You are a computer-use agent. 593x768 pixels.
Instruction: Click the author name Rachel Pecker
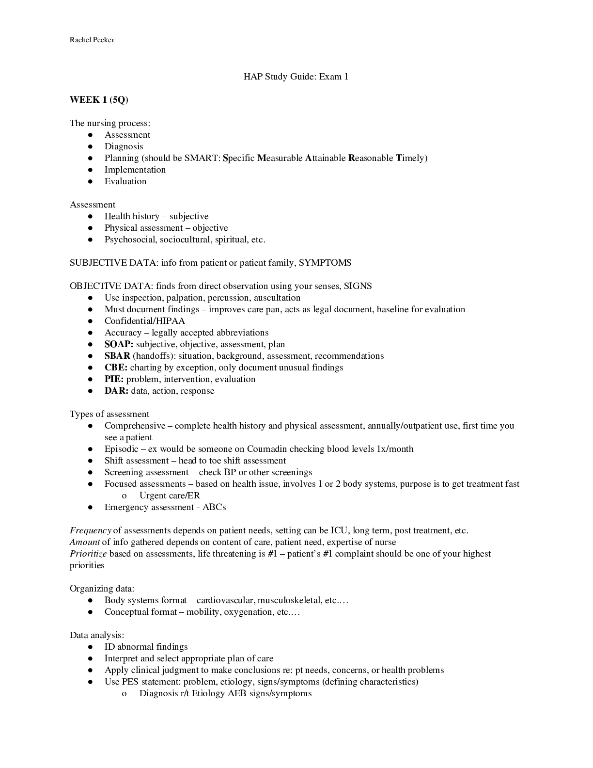click(92, 40)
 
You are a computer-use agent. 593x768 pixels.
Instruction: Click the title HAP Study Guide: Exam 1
click(296, 77)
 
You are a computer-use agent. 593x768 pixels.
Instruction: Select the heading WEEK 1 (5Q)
click(99, 100)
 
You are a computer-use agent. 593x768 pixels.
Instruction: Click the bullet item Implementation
click(135, 170)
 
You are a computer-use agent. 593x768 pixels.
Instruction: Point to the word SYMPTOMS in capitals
click(325, 263)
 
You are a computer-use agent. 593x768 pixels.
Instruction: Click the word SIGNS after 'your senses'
click(358, 286)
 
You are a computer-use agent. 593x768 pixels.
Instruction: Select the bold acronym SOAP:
click(119, 344)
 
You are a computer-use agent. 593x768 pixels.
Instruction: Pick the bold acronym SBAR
click(117, 356)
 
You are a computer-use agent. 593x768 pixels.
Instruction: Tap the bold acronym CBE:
click(116, 368)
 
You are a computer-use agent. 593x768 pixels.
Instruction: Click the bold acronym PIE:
click(114, 379)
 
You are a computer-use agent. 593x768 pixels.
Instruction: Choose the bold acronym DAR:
click(116, 391)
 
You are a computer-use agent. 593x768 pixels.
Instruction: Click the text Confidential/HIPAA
click(144, 321)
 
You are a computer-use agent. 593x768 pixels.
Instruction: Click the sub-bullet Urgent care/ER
click(170, 496)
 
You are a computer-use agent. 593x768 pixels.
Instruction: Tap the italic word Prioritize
click(88, 554)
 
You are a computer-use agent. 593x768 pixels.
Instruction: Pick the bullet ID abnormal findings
click(146, 647)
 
